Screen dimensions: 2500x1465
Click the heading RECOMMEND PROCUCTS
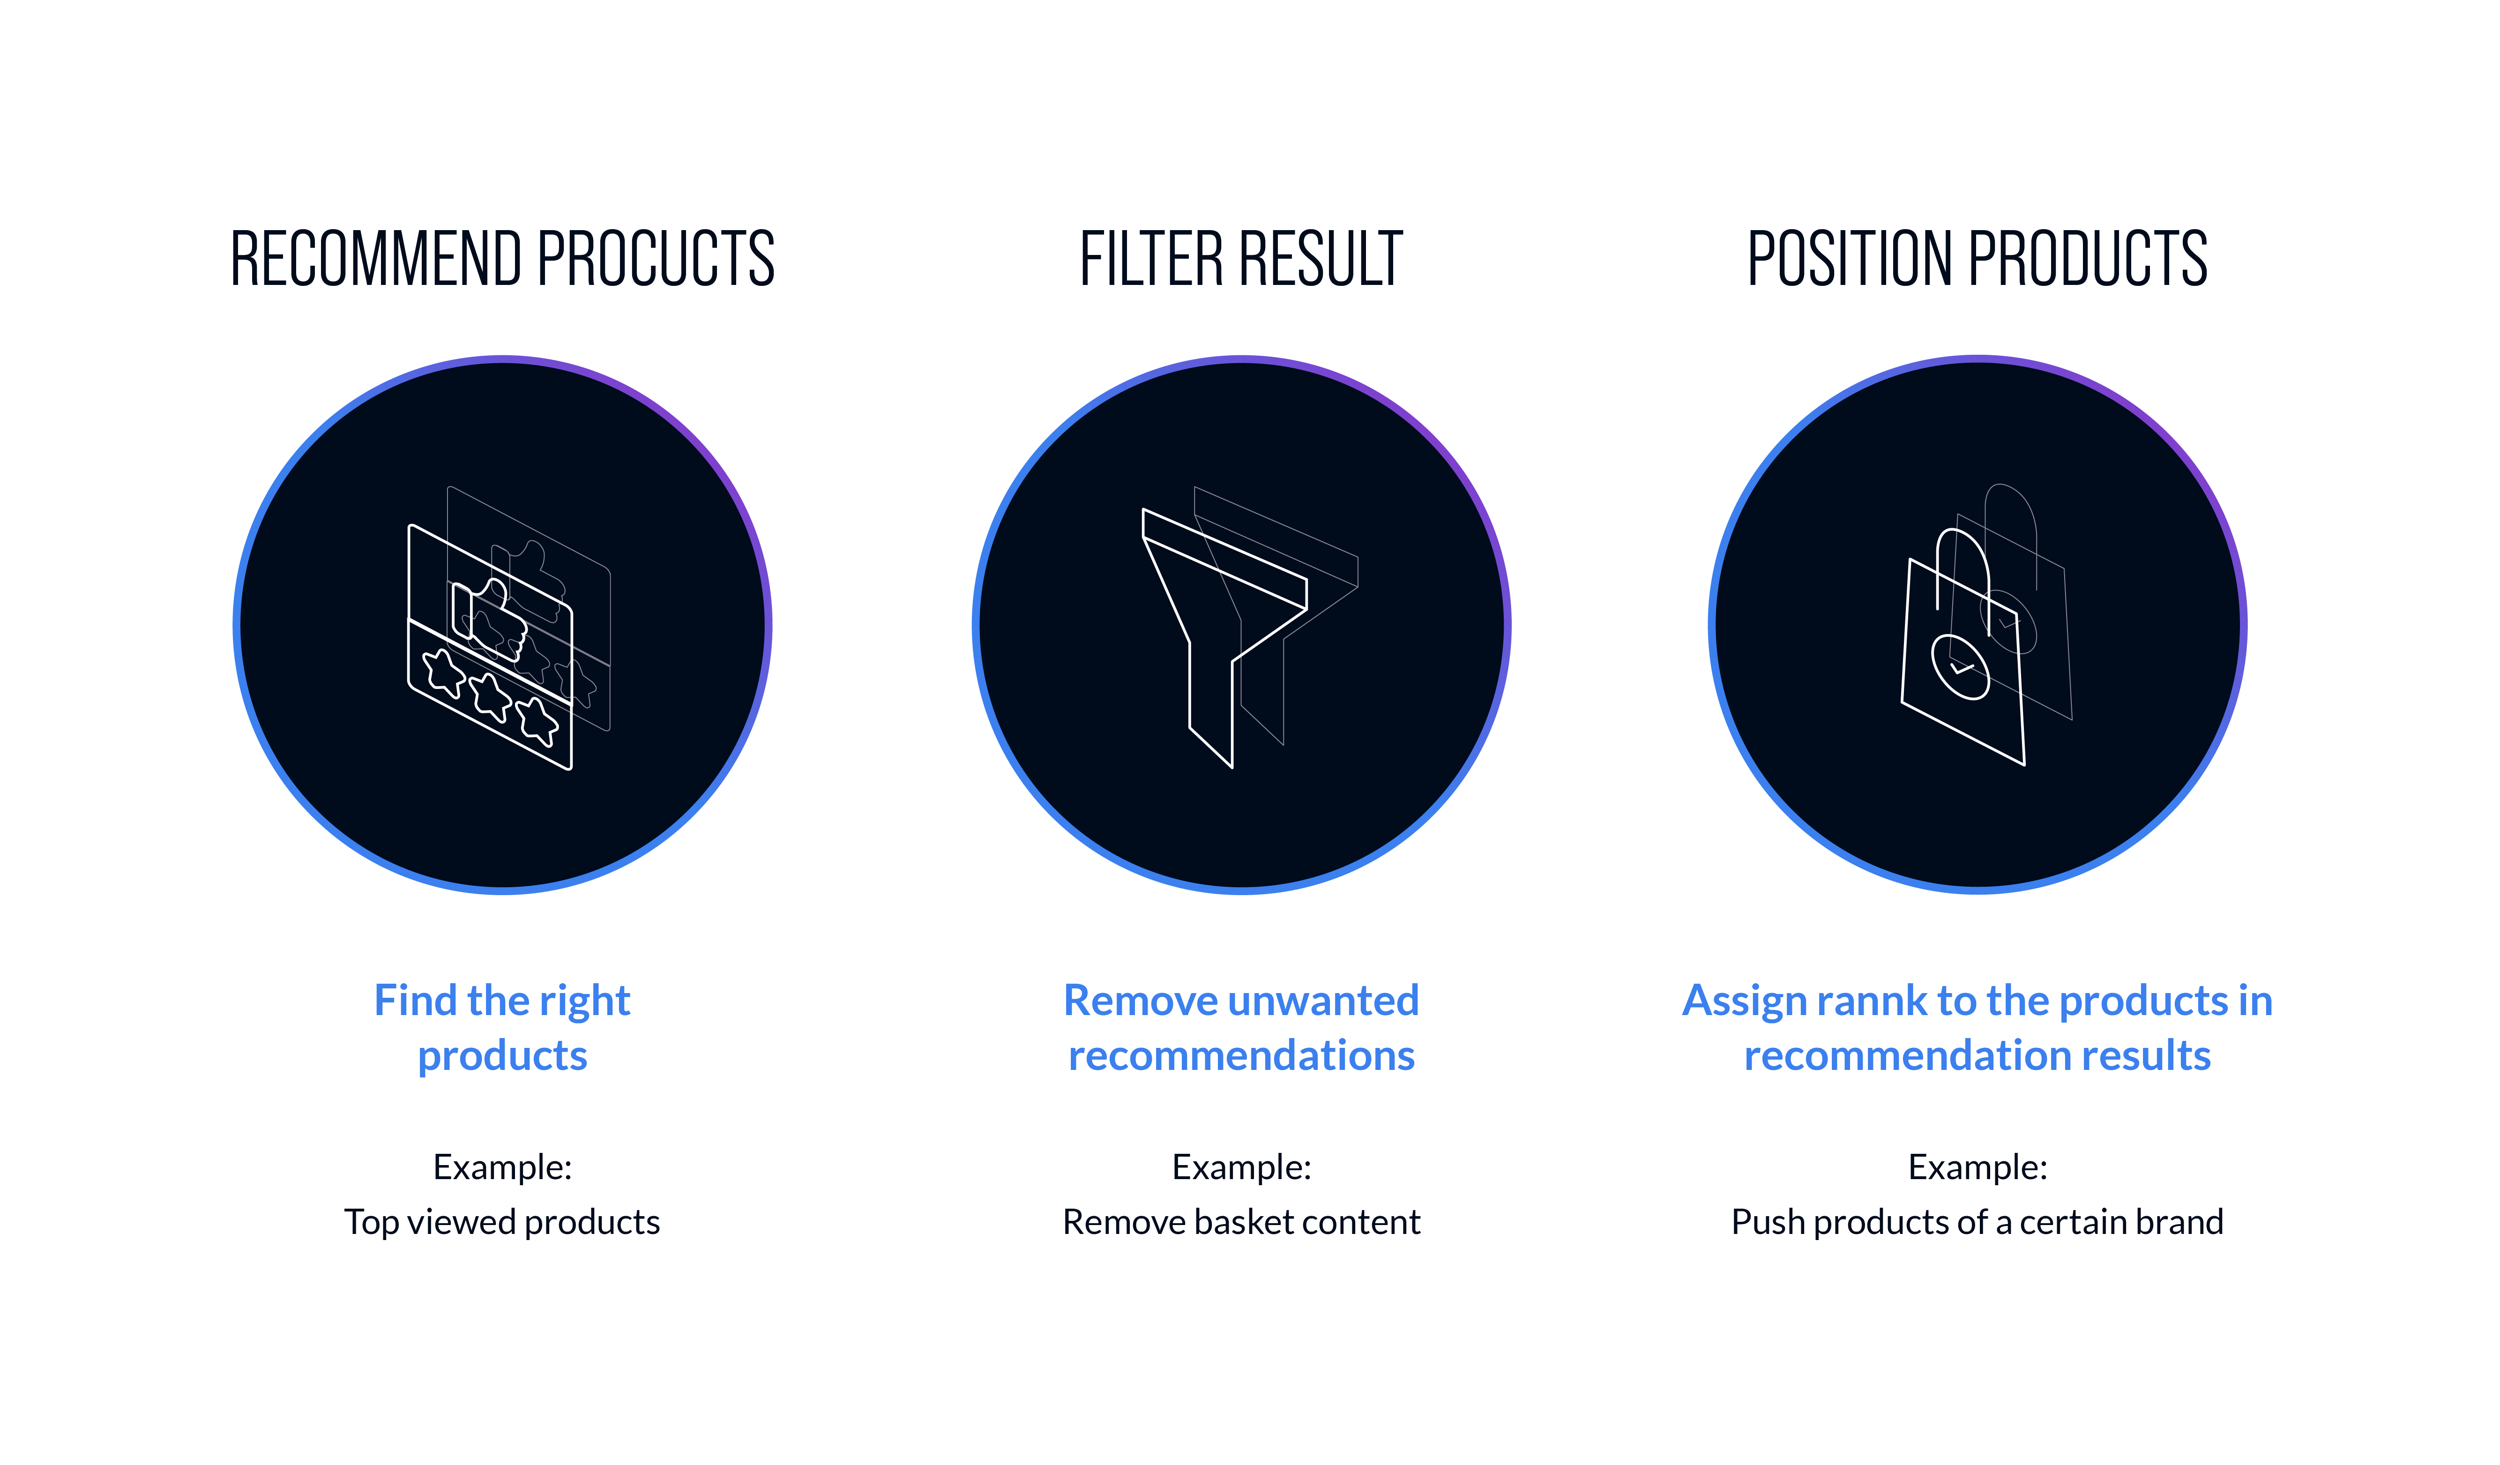tap(502, 259)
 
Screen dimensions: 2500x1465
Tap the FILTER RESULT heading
tap(1241, 259)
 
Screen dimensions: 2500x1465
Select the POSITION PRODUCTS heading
tap(1977, 259)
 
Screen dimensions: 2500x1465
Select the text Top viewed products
tap(502, 1222)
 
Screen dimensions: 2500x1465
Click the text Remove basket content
tap(1241, 1222)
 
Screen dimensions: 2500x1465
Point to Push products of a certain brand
tap(1977, 1222)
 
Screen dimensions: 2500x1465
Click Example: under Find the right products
tap(502, 1167)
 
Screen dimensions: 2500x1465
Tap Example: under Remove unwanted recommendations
tap(1241, 1167)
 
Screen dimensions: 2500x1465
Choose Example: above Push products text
tap(1977, 1167)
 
